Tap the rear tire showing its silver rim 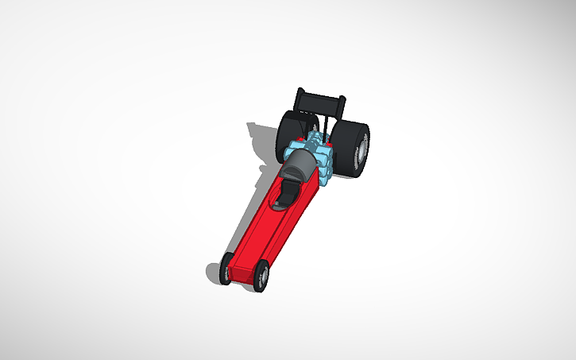pos(353,146)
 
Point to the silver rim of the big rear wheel pos(362,152)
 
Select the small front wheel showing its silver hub pos(261,277)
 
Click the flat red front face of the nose pos(243,274)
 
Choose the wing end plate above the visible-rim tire pos(342,106)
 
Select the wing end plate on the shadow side pos(300,97)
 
